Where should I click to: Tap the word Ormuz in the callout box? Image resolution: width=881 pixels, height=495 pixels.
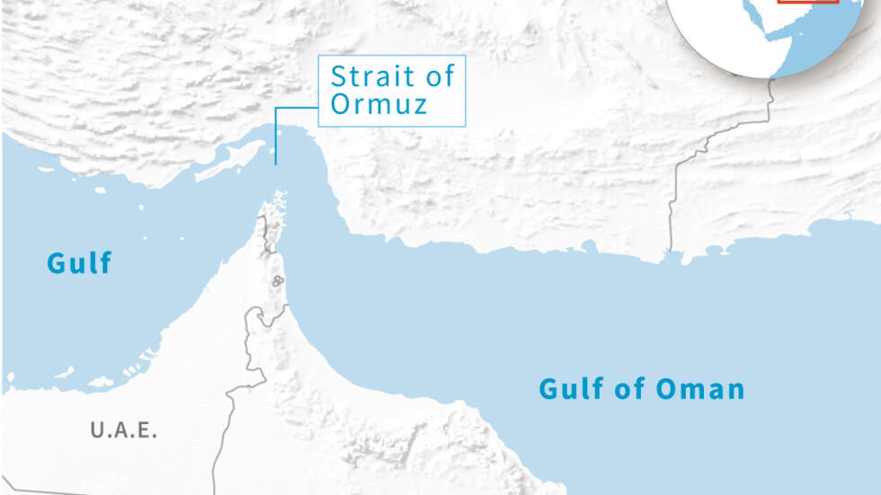point(378,104)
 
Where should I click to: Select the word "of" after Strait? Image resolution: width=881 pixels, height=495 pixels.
point(439,76)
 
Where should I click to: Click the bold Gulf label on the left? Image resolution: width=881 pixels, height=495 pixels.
point(80,263)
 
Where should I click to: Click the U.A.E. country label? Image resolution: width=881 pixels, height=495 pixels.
point(124,430)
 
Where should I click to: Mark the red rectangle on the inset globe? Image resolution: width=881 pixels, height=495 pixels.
point(808,3)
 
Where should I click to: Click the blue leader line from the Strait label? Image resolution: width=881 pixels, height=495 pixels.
point(277,135)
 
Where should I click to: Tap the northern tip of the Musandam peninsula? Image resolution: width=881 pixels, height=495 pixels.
point(280,195)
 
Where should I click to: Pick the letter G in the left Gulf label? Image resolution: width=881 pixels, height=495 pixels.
point(56,263)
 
